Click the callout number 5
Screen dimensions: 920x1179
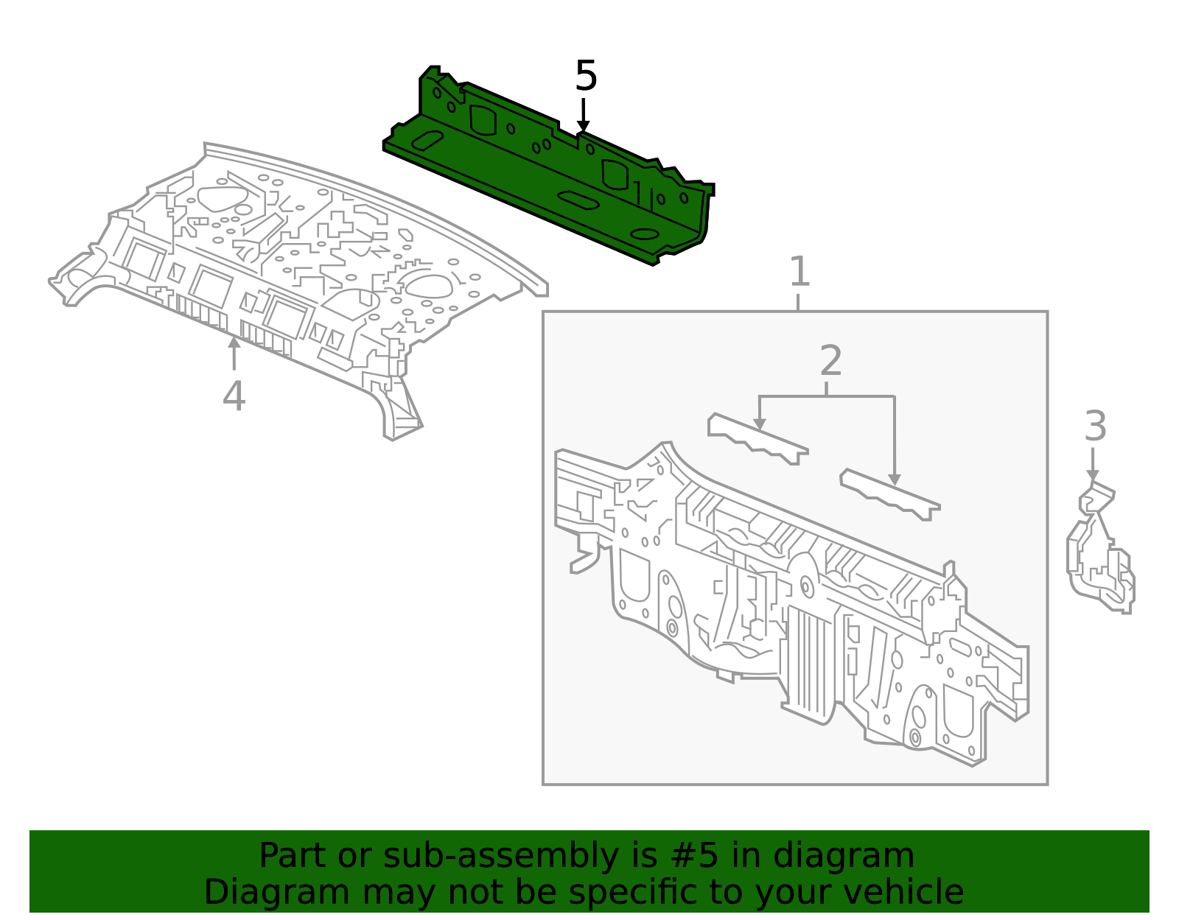coord(586,77)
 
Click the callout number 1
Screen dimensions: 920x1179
coord(800,272)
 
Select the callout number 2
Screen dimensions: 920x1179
coord(830,361)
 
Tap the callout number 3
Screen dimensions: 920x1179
coord(1095,426)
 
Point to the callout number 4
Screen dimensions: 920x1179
coord(234,396)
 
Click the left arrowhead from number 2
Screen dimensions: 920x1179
coord(760,424)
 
